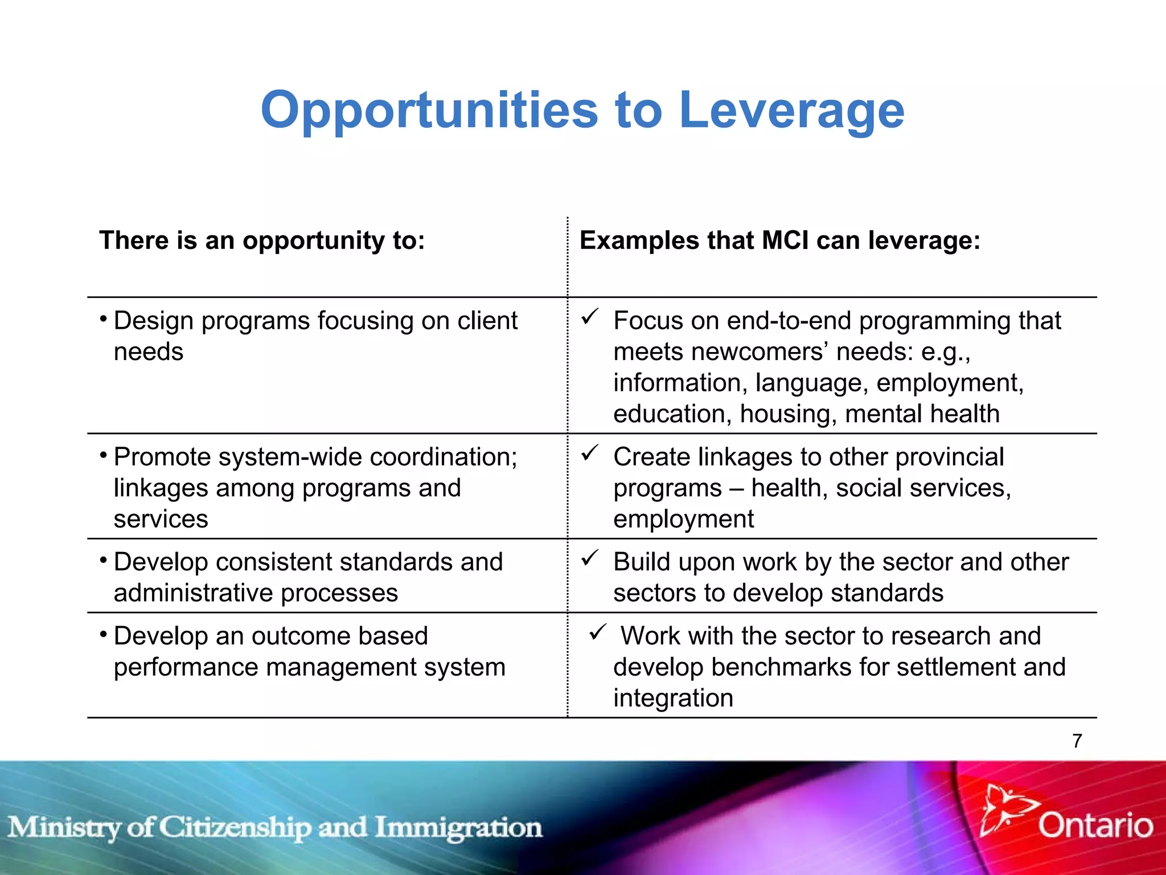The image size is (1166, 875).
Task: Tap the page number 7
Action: coord(1077,741)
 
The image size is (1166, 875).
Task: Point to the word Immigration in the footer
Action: coord(458,828)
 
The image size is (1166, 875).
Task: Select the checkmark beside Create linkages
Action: coord(590,453)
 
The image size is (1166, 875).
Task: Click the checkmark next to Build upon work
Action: coord(590,558)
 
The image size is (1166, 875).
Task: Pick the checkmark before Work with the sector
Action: coord(598,632)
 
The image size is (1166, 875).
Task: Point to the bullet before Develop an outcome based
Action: coord(103,633)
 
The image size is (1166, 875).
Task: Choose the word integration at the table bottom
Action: coord(673,698)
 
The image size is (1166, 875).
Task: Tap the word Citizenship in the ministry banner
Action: coord(235,828)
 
